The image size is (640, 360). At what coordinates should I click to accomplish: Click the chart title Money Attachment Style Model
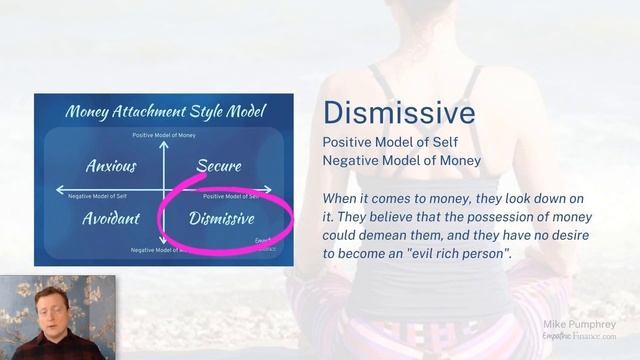[164, 110]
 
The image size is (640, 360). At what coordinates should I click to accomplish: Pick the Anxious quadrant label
[111, 165]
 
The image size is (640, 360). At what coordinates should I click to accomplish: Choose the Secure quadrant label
[219, 165]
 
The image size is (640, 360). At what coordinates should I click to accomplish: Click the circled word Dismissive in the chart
[222, 218]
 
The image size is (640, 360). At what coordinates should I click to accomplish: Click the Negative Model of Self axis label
[96, 197]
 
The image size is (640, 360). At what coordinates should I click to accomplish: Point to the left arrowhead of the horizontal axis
[59, 189]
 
